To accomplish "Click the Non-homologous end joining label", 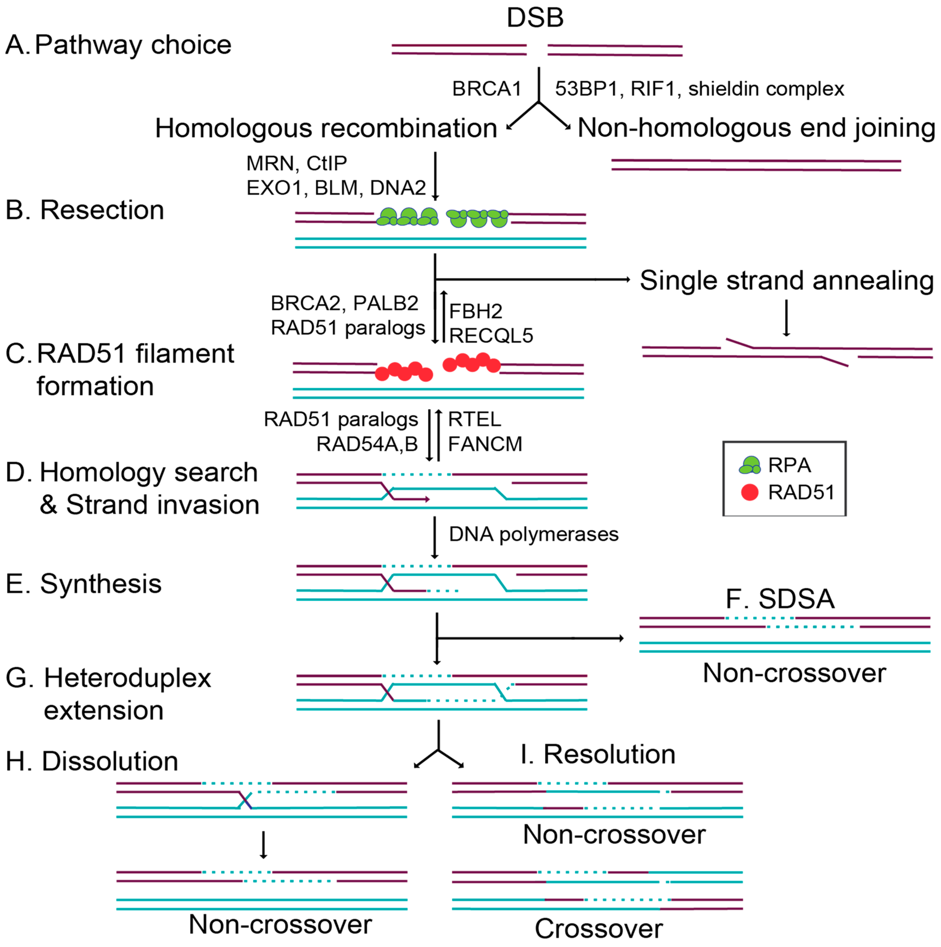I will point(756,128).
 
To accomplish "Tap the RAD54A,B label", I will point(367,444).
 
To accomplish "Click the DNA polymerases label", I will point(534,534).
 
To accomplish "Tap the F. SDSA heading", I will point(780,598).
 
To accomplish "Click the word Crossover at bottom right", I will point(598,928).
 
